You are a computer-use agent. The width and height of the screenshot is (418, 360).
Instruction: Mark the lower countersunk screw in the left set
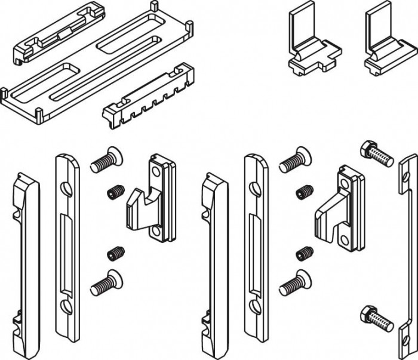(104, 282)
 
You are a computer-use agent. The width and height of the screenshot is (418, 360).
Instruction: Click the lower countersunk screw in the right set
(293, 281)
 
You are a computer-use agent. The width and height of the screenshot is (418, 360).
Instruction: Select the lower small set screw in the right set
(304, 253)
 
